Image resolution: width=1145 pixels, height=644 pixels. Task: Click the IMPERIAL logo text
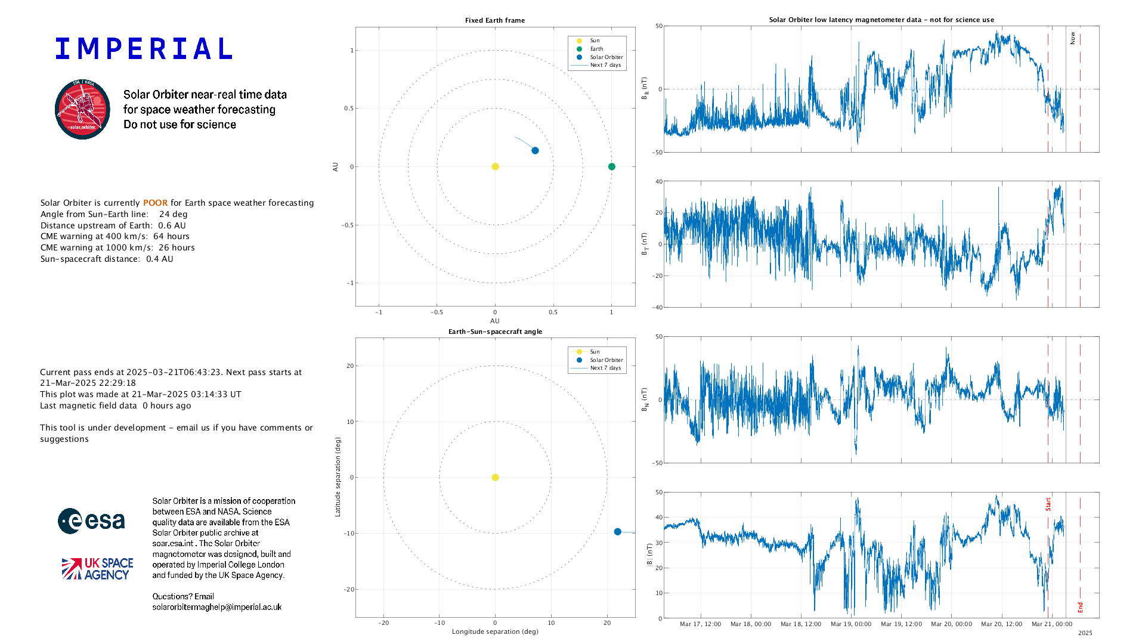(143, 49)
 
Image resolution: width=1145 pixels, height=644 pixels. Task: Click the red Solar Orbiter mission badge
(82, 110)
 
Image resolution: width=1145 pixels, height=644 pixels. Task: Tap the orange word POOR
(155, 203)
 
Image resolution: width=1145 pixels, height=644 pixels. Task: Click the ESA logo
(91, 521)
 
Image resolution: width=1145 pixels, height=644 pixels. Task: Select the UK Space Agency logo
(97, 569)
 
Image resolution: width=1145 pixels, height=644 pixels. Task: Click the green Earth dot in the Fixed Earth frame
(611, 166)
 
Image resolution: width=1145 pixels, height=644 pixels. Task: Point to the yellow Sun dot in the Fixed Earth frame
(495, 166)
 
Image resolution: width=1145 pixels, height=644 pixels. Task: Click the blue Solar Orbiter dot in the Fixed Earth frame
(535, 150)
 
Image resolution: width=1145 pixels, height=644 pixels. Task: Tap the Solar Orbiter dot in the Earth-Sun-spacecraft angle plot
(617, 531)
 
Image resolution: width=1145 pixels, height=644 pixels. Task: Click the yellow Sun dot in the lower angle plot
(495, 477)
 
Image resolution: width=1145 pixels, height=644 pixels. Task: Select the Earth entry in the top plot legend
(596, 49)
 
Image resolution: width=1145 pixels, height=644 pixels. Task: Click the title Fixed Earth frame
(495, 20)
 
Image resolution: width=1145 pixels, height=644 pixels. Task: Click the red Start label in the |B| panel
(1048, 504)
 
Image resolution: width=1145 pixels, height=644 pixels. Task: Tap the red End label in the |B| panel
(1080, 608)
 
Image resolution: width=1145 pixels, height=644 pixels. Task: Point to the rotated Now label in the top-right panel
(1072, 38)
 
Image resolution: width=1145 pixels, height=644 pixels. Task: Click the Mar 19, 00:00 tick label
(851, 624)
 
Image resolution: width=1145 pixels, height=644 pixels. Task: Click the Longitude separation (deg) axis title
(495, 631)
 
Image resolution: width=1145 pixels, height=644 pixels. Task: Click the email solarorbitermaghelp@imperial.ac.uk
(217, 607)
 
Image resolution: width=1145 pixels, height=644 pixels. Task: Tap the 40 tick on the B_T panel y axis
(659, 181)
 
